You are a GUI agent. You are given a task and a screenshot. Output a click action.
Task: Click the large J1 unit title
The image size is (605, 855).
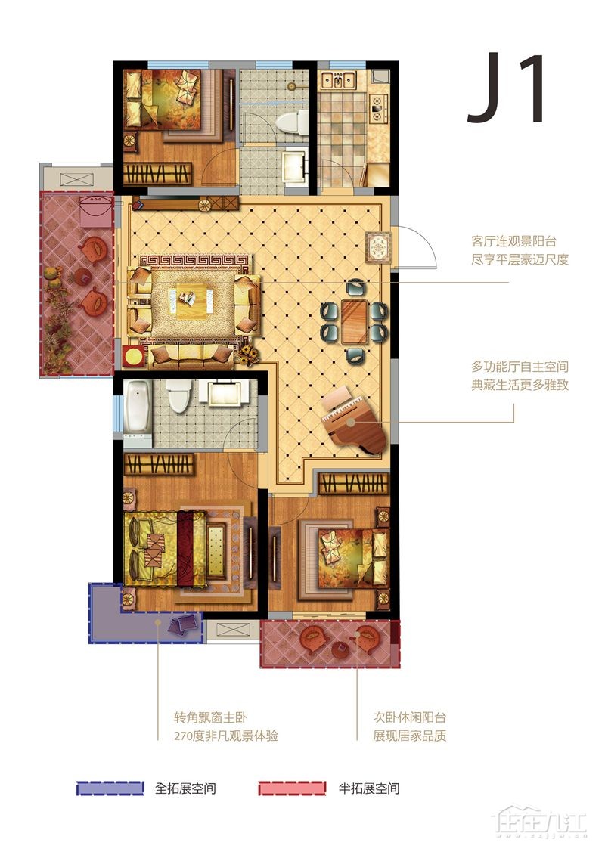click(506, 87)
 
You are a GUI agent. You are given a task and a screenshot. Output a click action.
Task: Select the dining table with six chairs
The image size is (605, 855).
click(355, 321)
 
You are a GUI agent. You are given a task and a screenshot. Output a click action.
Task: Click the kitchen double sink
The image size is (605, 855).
click(338, 81)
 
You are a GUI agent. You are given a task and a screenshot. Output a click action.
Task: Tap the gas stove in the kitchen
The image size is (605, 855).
click(377, 107)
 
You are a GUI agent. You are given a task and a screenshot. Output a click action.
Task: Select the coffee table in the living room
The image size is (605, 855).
click(194, 302)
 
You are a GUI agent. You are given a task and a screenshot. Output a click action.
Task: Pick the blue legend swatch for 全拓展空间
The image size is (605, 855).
click(110, 788)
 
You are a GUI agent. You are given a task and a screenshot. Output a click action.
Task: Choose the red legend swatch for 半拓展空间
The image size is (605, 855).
click(293, 788)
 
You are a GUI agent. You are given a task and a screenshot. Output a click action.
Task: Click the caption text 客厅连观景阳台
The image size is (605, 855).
click(513, 241)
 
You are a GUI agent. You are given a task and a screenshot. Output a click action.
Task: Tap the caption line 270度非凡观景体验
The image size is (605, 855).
click(226, 736)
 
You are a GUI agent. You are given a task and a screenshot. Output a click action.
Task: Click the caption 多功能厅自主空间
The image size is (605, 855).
click(520, 367)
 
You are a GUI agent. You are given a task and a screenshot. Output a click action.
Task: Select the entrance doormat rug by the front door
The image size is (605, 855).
click(379, 248)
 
